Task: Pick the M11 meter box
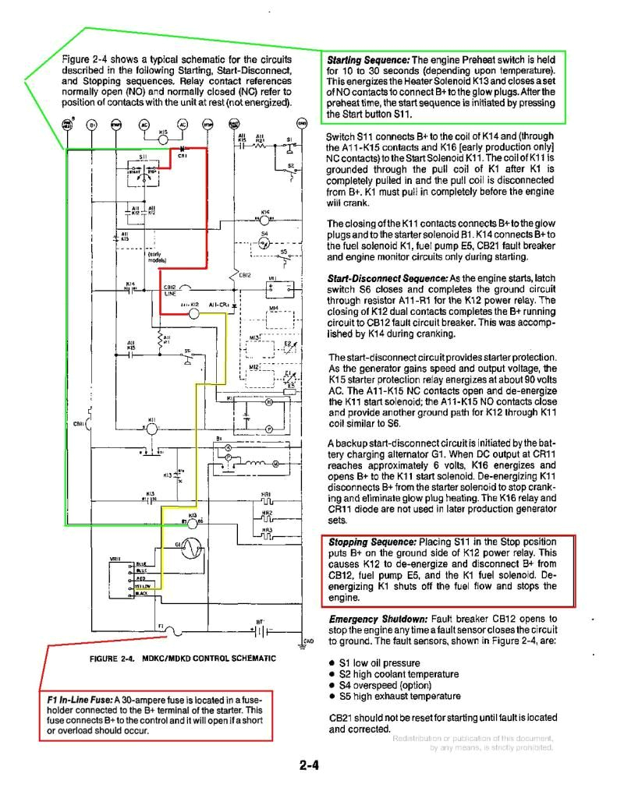pos(278,288)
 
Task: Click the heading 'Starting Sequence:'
pos(367,60)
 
